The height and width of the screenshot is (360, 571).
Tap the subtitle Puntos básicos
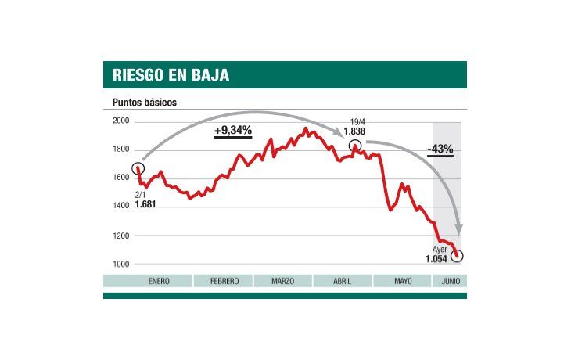point(145,103)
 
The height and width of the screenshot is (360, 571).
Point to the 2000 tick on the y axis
point(121,121)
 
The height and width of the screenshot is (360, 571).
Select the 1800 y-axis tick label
point(121,150)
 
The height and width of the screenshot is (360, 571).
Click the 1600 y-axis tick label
point(121,178)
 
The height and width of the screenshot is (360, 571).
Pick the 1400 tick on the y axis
point(121,207)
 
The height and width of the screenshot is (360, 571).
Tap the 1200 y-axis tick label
point(121,236)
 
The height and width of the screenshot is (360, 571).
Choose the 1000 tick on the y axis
point(121,264)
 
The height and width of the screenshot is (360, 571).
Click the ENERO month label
point(148,281)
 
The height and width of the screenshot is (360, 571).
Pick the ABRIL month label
point(342,281)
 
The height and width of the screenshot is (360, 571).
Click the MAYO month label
point(402,281)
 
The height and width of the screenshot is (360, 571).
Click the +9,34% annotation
point(233,131)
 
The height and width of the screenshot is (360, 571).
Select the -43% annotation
point(440,149)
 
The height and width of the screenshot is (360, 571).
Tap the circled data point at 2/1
point(138,168)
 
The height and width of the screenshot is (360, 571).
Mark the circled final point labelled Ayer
point(457,256)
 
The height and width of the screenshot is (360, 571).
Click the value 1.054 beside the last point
point(436,259)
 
